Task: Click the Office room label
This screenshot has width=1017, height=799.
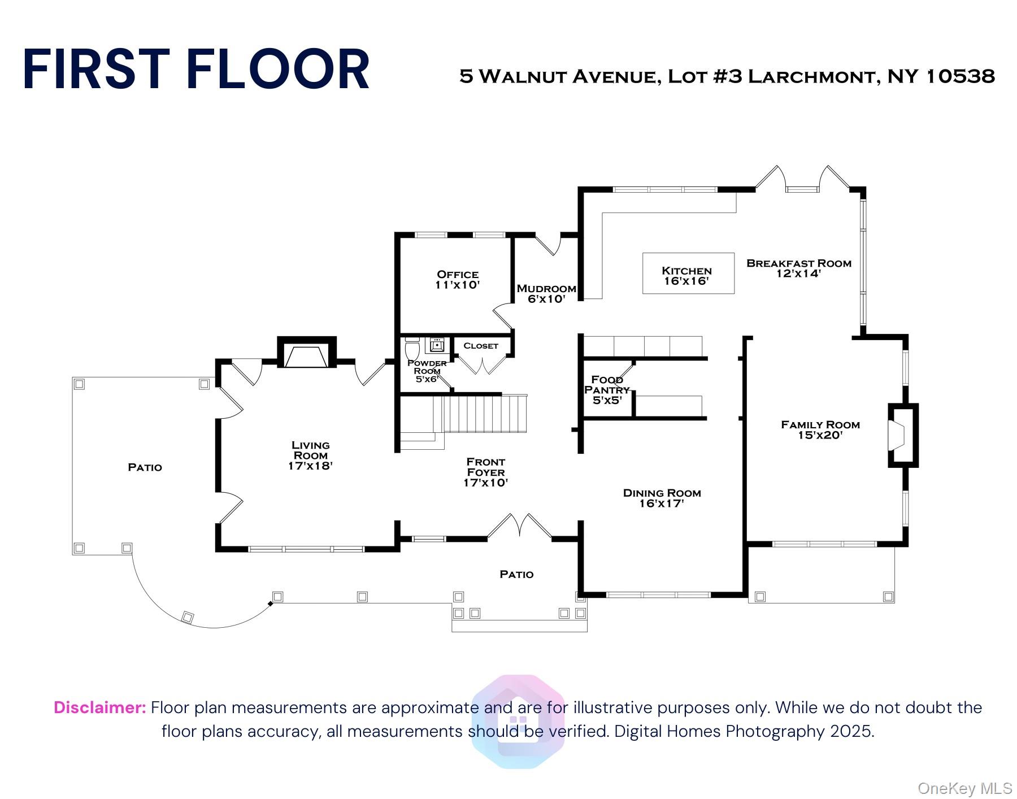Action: coord(458,275)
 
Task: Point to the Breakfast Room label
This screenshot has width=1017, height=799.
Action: coord(798,263)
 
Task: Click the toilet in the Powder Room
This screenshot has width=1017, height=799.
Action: coord(412,348)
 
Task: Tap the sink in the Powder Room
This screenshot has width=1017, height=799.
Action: coord(437,345)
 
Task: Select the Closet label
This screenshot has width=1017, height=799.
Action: coord(481,346)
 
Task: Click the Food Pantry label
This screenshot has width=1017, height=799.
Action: coord(607,385)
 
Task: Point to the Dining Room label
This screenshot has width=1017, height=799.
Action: coord(662,493)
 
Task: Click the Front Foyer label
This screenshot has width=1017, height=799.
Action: coord(486,467)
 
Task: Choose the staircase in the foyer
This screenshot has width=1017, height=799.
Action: coord(480,414)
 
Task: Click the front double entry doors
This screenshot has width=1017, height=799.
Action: coord(519,527)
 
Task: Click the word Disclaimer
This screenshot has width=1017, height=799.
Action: coord(100,707)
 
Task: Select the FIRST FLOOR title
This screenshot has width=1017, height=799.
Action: coord(196,70)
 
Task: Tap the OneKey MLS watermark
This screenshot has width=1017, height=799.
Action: coord(964,788)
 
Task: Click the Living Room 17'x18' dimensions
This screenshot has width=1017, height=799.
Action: coord(310,466)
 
